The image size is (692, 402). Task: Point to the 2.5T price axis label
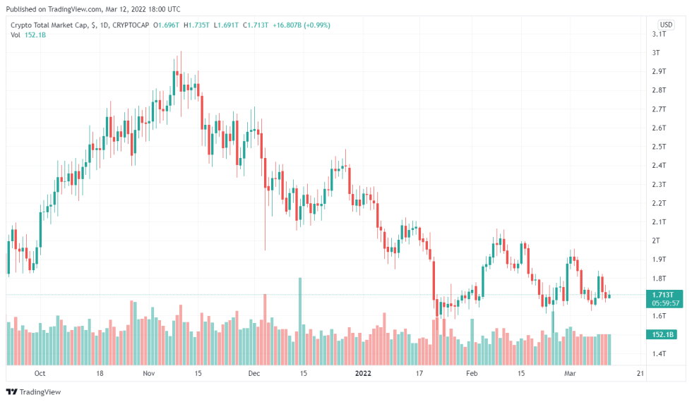[659, 147]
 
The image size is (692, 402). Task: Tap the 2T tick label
[656, 240]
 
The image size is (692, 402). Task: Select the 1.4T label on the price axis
[659, 353]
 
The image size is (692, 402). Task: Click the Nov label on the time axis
[149, 373]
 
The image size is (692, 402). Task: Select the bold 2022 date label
[363, 373]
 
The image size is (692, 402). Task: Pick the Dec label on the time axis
[254, 373]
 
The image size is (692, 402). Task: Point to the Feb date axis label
[472, 373]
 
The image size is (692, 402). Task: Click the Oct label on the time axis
[40, 373]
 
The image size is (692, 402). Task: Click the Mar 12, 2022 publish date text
[117, 9]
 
